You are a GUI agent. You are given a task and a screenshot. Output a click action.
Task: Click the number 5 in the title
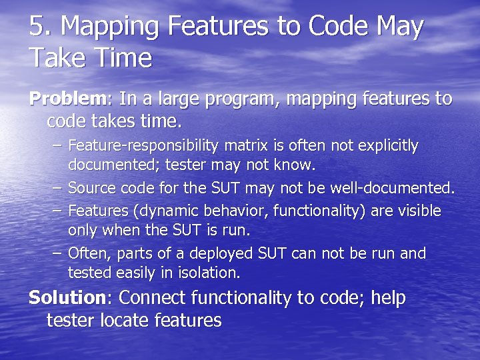(37, 27)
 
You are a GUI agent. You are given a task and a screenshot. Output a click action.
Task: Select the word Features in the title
(215, 27)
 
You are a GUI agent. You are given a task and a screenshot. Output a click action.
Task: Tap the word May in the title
(399, 27)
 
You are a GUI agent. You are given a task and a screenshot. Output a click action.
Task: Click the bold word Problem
(67, 99)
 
